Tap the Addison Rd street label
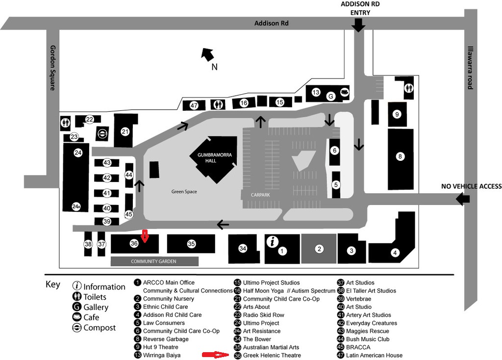point(271,23)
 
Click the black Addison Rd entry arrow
point(359,25)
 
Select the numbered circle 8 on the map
point(400,156)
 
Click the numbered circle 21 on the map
point(125,131)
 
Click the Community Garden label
point(153,261)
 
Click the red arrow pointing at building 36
point(145,235)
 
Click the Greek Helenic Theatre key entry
point(272,355)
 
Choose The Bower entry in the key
point(257,339)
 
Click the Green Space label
point(184,191)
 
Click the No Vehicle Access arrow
point(462,199)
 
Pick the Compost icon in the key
point(77,328)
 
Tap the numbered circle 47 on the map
point(194,105)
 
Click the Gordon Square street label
point(52,68)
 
